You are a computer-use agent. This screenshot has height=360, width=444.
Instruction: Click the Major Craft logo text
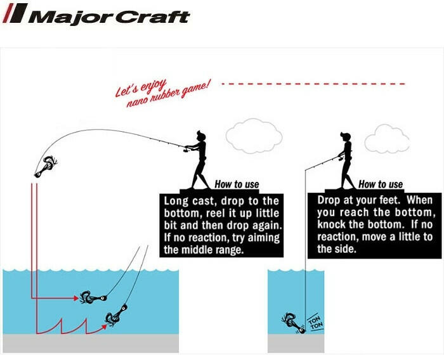tap(109, 17)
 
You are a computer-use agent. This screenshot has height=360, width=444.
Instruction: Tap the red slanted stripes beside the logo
tap(15, 13)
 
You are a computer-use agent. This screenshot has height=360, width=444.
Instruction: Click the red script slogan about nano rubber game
tap(163, 93)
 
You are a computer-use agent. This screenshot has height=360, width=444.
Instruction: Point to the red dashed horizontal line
tap(313, 84)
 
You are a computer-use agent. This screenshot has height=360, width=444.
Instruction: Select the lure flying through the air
tap(46, 167)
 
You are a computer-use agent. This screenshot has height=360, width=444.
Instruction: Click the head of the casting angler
tap(201, 136)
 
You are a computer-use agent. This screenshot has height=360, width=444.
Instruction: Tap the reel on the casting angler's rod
tap(186, 149)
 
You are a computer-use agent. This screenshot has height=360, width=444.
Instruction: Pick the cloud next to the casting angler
tap(254, 136)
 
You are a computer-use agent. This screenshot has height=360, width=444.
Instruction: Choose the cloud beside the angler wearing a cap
tap(387, 139)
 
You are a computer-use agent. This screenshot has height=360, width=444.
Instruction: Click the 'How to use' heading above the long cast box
tap(237, 184)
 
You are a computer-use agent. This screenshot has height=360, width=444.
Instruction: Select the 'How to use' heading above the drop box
tap(381, 184)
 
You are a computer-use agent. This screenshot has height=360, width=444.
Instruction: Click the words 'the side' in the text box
tap(336, 249)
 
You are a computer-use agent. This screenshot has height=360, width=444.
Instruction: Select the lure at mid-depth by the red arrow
tap(93, 297)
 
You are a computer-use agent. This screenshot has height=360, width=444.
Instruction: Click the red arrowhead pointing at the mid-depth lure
tap(76, 298)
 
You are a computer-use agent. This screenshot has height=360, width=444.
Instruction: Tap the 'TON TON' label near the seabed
tap(315, 323)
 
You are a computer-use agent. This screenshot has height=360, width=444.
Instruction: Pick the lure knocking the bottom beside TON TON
tap(293, 323)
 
